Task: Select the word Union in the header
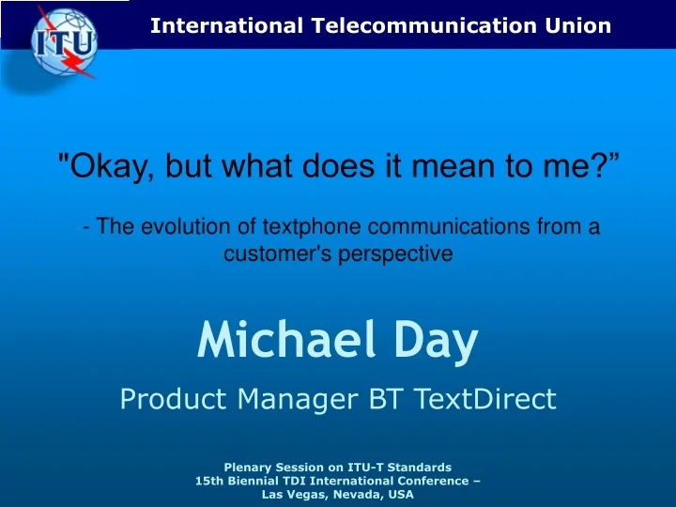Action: click(x=581, y=25)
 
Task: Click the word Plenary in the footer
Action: click(x=247, y=467)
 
